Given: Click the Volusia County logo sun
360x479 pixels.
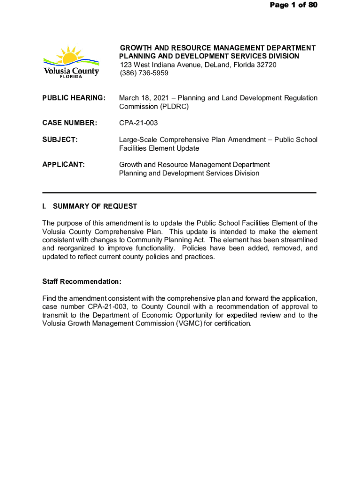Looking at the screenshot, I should tap(70, 56).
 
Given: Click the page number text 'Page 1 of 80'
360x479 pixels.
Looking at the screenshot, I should tap(293, 5).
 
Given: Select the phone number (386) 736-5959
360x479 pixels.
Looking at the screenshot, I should tap(144, 73).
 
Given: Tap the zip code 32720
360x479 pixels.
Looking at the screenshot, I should tap(264, 65).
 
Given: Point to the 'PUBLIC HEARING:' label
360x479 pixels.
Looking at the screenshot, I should tap(74, 98).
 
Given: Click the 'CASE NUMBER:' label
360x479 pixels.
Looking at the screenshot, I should tap(70, 123).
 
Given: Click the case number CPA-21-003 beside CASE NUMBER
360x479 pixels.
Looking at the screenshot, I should tap(138, 123).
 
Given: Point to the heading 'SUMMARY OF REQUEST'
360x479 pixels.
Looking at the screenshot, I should tap(95, 206).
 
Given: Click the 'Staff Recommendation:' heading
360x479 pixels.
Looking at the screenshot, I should tap(82, 282).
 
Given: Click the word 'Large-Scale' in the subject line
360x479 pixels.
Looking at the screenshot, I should tap(137, 140).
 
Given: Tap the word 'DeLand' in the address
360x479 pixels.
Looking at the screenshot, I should tap(214, 65).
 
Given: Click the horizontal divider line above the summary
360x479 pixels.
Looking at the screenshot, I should tap(179, 193).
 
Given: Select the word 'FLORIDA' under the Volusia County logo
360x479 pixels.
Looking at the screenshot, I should tap(71, 77).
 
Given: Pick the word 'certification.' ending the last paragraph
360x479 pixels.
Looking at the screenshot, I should tap(230, 324).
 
